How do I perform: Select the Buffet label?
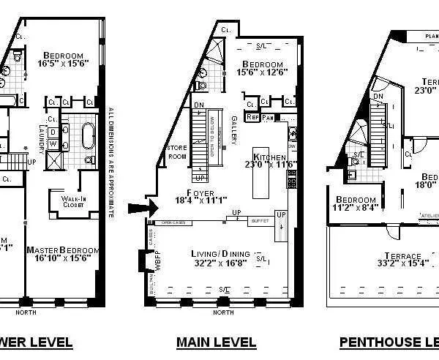[x=259, y=220]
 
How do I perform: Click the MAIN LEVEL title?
[x=216, y=342]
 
